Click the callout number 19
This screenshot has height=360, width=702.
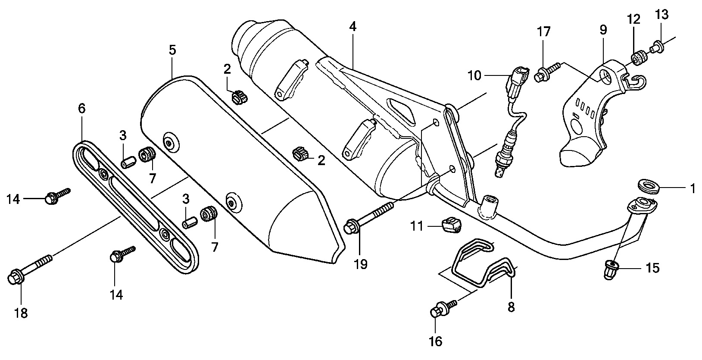(361, 264)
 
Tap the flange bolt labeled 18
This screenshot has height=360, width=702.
(30, 268)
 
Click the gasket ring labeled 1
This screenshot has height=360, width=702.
(649, 187)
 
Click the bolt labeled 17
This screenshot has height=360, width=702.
(547, 72)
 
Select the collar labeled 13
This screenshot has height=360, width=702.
(657, 46)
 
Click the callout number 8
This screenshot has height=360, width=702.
(511, 307)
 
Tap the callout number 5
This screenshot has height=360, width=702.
(172, 50)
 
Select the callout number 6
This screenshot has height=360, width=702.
(82, 109)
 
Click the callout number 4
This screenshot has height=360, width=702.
(353, 26)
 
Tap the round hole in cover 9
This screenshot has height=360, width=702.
(606, 77)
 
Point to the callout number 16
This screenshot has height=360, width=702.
(436, 341)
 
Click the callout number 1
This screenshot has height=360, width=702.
(693, 188)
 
